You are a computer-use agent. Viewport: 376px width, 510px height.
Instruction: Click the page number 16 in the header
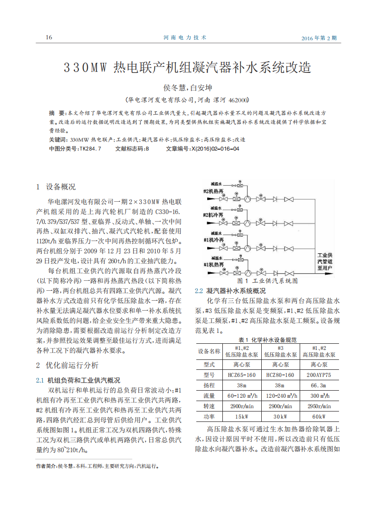pyautogui.click(x=49, y=37)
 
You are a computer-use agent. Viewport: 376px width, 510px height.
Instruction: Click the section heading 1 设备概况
pyautogui.click(x=56, y=187)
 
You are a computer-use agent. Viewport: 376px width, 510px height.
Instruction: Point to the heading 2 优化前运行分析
pyautogui.click(x=68, y=365)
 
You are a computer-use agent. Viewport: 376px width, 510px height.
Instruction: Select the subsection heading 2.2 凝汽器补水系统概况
pyautogui.click(x=230, y=291)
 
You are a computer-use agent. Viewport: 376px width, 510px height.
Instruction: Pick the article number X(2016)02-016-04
pyautogui.click(x=214, y=149)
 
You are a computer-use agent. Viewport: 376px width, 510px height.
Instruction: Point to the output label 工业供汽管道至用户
pyautogui.click(x=325, y=261)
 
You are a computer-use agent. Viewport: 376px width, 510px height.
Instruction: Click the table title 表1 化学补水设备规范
pyautogui.click(x=268, y=340)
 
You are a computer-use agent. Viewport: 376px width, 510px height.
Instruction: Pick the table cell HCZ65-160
pyautogui.click(x=241, y=375)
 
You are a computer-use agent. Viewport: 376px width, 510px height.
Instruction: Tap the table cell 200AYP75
pyautogui.click(x=319, y=375)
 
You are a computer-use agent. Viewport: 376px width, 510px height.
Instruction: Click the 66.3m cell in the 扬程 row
pyautogui.click(x=319, y=385)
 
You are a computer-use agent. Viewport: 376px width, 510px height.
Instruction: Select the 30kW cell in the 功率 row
pyautogui.click(x=280, y=416)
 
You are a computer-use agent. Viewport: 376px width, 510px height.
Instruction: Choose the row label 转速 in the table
pyautogui.click(x=209, y=406)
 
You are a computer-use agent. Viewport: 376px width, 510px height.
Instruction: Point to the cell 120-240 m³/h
pyautogui.click(x=280, y=395)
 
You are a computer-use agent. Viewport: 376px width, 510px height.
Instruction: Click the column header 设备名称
pyautogui.click(x=209, y=351)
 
